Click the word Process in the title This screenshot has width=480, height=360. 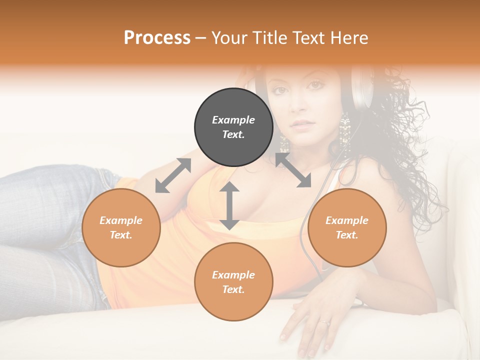[x=157, y=38]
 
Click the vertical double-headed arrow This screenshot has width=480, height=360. [x=229, y=205]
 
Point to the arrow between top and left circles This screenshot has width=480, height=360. [x=173, y=175]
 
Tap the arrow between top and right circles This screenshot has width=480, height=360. [x=293, y=170]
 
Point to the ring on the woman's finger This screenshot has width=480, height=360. [x=325, y=322]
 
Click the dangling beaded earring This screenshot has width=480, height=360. [x=344, y=132]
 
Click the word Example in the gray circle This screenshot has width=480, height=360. [x=233, y=120]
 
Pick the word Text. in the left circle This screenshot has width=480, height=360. [x=121, y=235]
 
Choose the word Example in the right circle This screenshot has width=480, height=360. [x=347, y=220]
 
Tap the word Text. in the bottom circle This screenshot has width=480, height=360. [x=233, y=289]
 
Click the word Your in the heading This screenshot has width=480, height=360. [x=228, y=38]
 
